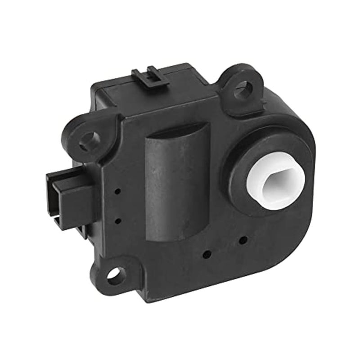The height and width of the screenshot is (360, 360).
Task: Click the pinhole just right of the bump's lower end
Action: pos(207,253)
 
